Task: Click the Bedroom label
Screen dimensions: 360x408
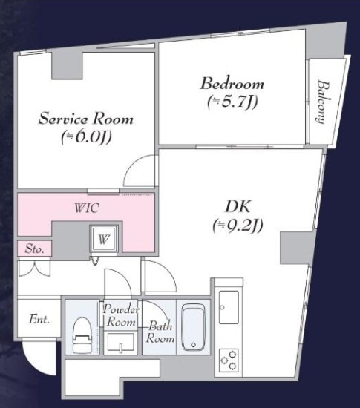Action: click(232, 84)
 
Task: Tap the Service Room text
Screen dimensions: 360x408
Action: click(86, 119)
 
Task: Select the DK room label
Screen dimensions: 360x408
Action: click(238, 206)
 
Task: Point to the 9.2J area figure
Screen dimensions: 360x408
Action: click(238, 226)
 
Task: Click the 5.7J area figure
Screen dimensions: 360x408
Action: click(232, 102)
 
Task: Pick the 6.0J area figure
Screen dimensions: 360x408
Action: click(86, 136)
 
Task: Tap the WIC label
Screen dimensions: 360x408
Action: click(87, 208)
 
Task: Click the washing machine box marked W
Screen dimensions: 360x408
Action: click(104, 239)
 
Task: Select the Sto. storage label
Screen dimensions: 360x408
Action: click(34, 249)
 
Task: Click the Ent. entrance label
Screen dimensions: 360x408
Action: click(39, 319)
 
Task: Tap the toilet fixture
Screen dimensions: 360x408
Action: click(82, 335)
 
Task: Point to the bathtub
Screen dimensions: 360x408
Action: click(194, 328)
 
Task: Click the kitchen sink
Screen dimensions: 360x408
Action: click(229, 307)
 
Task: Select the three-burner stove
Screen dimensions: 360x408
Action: click(229, 360)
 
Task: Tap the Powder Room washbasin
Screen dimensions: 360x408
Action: click(120, 343)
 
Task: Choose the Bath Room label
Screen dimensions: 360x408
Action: click(160, 332)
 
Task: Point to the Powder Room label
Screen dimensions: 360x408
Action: click(121, 315)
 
